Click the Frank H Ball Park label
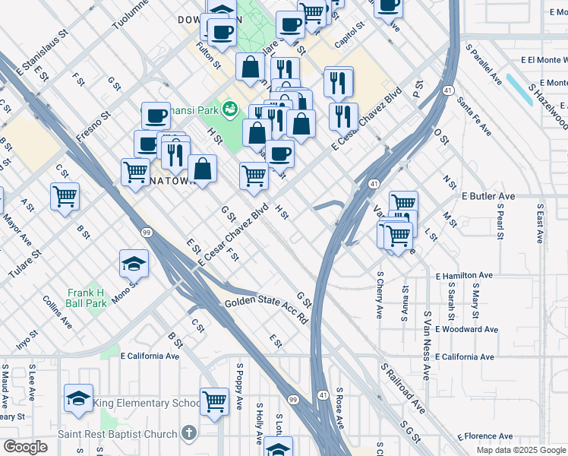point(85,298)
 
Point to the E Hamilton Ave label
point(464,275)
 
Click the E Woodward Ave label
point(465,329)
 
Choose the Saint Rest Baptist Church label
point(118,435)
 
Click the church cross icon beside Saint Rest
point(188,434)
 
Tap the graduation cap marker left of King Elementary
point(78,400)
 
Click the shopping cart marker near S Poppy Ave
point(215,401)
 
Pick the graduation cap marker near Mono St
point(134,264)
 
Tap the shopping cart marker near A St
point(65,196)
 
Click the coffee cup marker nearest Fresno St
point(156,116)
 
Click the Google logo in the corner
point(25,447)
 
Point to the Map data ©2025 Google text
point(520,450)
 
